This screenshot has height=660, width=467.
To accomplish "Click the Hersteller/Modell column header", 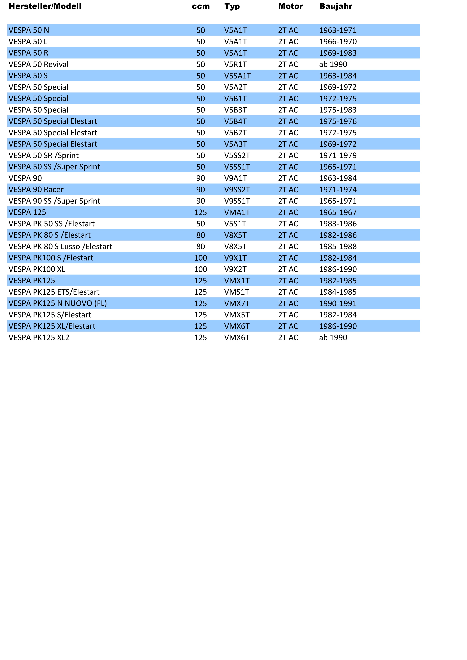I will click(x=45, y=6).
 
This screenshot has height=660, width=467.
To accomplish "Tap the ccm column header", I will click(x=201, y=6).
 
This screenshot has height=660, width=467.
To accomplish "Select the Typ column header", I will click(x=232, y=6).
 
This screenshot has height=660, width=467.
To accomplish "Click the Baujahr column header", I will click(x=336, y=6).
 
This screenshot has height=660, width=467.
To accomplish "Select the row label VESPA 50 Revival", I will click(x=39, y=64).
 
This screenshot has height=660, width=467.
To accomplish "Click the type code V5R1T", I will click(x=235, y=64).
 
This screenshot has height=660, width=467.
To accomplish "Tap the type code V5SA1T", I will click(x=237, y=76).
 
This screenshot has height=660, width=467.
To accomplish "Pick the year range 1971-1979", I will click(x=338, y=156).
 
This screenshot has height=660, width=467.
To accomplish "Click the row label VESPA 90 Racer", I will click(x=36, y=190).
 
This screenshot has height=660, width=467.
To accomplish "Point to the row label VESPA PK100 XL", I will click(x=37, y=269).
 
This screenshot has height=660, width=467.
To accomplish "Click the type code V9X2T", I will click(x=235, y=269).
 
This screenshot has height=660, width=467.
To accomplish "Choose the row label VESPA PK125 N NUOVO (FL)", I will click(x=57, y=303).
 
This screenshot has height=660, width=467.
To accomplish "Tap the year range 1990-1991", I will click(x=338, y=303).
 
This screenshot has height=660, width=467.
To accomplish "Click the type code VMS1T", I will click(x=237, y=292).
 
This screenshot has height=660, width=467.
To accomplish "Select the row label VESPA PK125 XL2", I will click(x=39, y=338).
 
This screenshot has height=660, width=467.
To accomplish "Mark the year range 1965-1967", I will click(x=338, y=212).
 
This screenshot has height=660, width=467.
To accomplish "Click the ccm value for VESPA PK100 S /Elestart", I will click(x=201, y=258).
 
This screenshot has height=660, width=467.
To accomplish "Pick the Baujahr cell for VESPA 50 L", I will click(x=338, y=42).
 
